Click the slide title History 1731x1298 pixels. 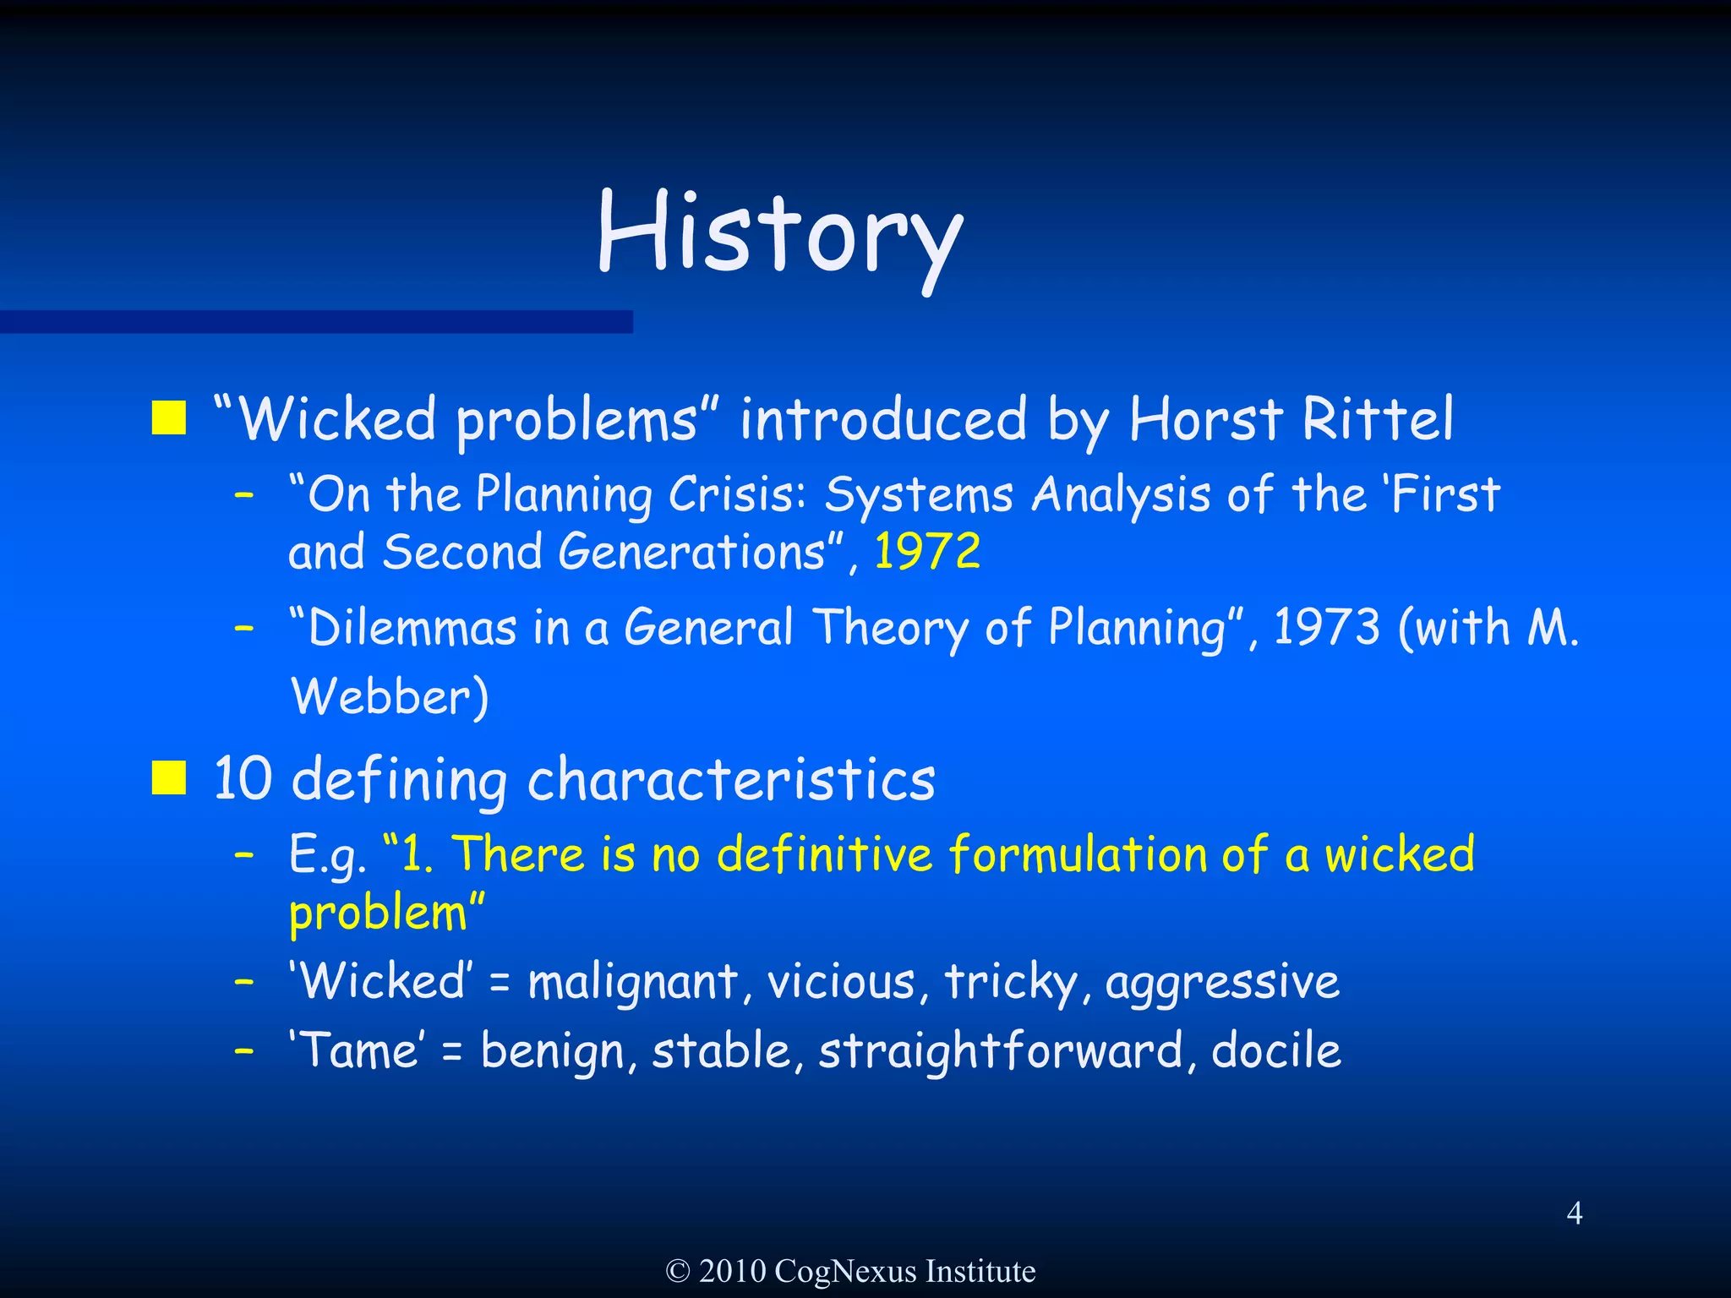point(779,232)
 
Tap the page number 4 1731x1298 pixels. point(1574,1213)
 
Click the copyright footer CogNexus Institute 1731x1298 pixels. point(850,1271)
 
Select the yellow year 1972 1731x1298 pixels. point(926,552)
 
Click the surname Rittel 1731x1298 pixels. point(1377,418)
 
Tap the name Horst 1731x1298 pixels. point(1206,418)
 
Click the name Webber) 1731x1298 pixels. point(390,697)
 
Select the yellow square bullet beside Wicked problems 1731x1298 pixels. point(169,417)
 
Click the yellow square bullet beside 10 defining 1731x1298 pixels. point(169,777)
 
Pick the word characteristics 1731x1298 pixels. point(731,778)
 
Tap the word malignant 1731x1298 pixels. point(633,982)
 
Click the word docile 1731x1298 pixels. point(1275,1050)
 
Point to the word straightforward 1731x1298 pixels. point(1000,1052)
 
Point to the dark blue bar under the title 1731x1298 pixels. point(316,321)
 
